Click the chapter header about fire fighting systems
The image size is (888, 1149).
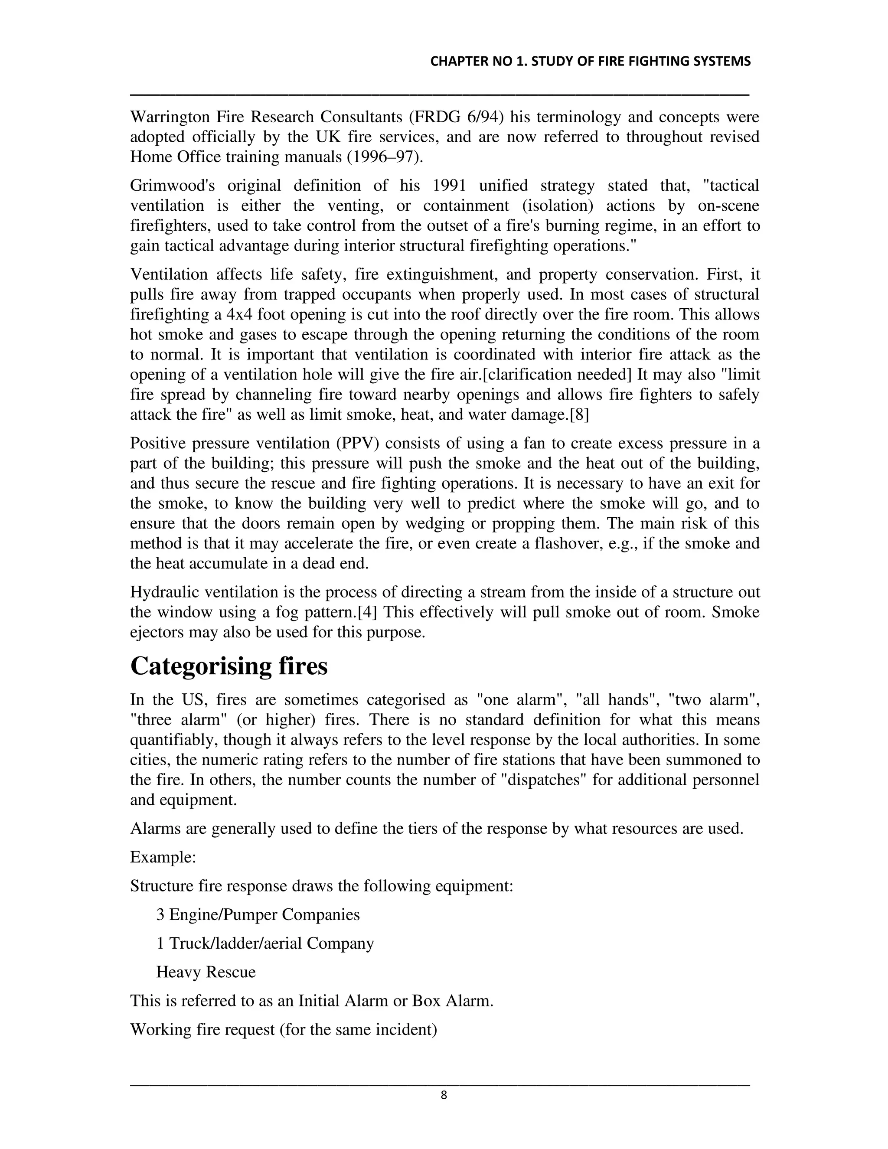pyautogui.click(x=590, y=62)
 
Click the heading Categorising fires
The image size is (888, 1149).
pyautogui.click(x=229, y=666)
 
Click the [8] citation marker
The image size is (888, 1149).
pyautogui.click(x=579, y=415)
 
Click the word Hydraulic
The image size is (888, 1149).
pyautogui.click(x=164, y=592)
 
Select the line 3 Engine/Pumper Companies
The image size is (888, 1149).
pyautogui.click(x=258, y=914)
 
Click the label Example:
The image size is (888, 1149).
pyautogui.click(x=163, y=857)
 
